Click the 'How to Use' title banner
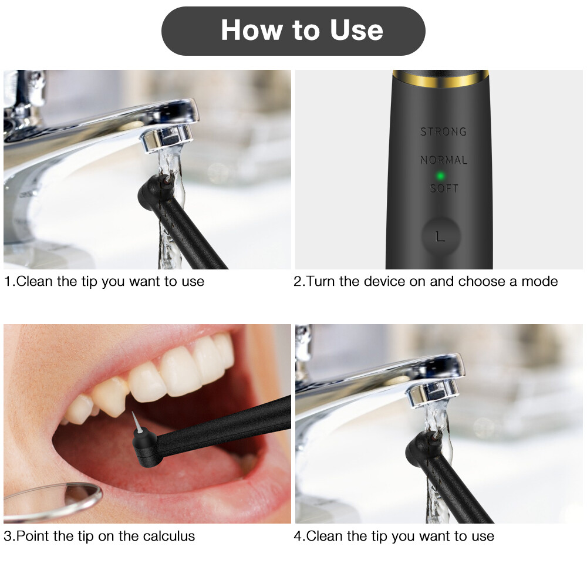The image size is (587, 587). tap(293, 31)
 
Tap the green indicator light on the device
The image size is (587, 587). tap(439, 175)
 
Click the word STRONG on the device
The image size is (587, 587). tap(443, 131)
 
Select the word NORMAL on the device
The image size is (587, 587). tap(444, 160)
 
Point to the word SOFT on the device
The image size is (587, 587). tap(444, 188)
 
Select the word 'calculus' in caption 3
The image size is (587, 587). tap(168, 536)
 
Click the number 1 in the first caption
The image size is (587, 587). tap(7, 281)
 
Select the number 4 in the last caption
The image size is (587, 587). tap(298, 536)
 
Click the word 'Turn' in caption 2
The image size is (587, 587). tap(321, 281)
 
